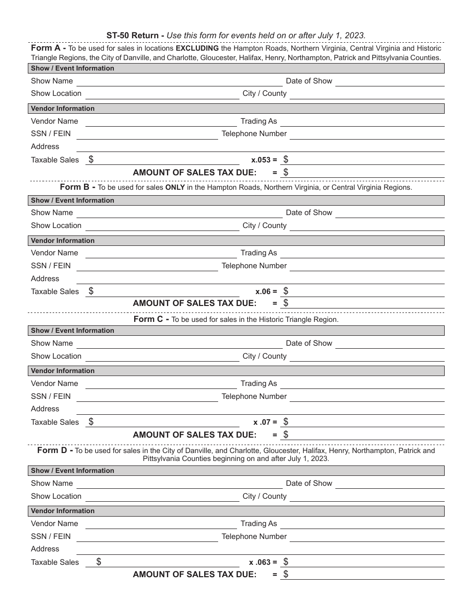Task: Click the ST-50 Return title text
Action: click(135, 35)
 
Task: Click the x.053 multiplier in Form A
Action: click(264, 160)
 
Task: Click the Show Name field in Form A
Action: click(179, 81)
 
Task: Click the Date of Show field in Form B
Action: click(390, 213)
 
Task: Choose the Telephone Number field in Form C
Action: click(367, 397)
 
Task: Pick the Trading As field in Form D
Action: click(362, 524)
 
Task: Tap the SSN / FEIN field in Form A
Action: click(147, 134)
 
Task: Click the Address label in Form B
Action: click(45, 279)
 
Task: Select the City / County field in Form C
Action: click(367, 357)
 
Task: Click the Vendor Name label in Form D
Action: click(54, 524)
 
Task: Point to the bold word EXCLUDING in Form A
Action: click(197, 49)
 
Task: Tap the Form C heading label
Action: click(151, 319)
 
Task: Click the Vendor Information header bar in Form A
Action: click(236, 108)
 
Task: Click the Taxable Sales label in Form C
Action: click(55, 422)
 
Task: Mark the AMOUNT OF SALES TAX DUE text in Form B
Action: click(195, 303)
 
